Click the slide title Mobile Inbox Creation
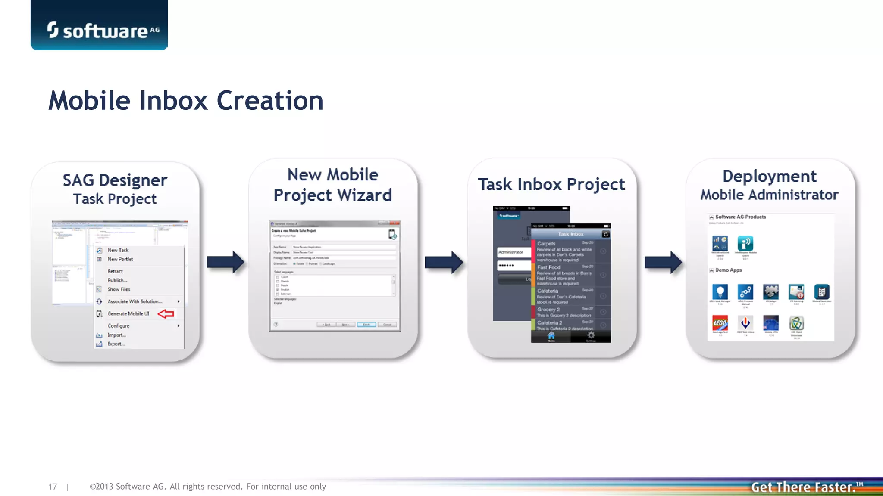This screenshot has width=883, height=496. (x=186, y=101)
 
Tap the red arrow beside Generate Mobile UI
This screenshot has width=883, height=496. (x=166, y=314)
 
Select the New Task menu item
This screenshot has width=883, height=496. (x=118, y=250)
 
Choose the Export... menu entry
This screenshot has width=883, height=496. (x=116, y=344)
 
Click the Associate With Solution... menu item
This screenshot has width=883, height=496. (x=135, y=301)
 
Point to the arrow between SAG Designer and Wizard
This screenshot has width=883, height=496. (x=225, y=262)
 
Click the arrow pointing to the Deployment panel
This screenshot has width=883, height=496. (x=663, y=262)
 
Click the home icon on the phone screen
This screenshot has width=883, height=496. (x=551, y=336)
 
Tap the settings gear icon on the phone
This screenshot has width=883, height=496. (x=591, y=335)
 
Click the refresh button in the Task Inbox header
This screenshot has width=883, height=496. (x=605, y=234)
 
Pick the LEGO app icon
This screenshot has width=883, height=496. (x=720, y=323)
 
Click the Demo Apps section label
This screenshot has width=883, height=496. (x=728, y=270)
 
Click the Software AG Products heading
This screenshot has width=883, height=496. (x=740, y=217)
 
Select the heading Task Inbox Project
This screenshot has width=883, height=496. (x=551, y=184)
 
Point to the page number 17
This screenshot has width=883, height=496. (x=53, y=487)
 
